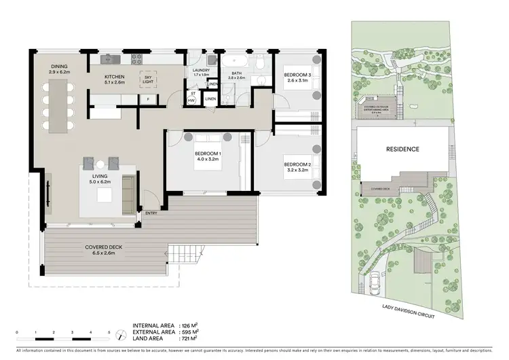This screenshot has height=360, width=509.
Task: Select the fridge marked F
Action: point(147,99)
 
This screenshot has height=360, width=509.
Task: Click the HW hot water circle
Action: point(192,102)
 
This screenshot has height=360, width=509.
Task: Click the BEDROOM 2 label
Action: point(297,164)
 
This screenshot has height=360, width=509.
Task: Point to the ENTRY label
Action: point(151,214)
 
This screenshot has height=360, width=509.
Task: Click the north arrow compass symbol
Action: point(119,335)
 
